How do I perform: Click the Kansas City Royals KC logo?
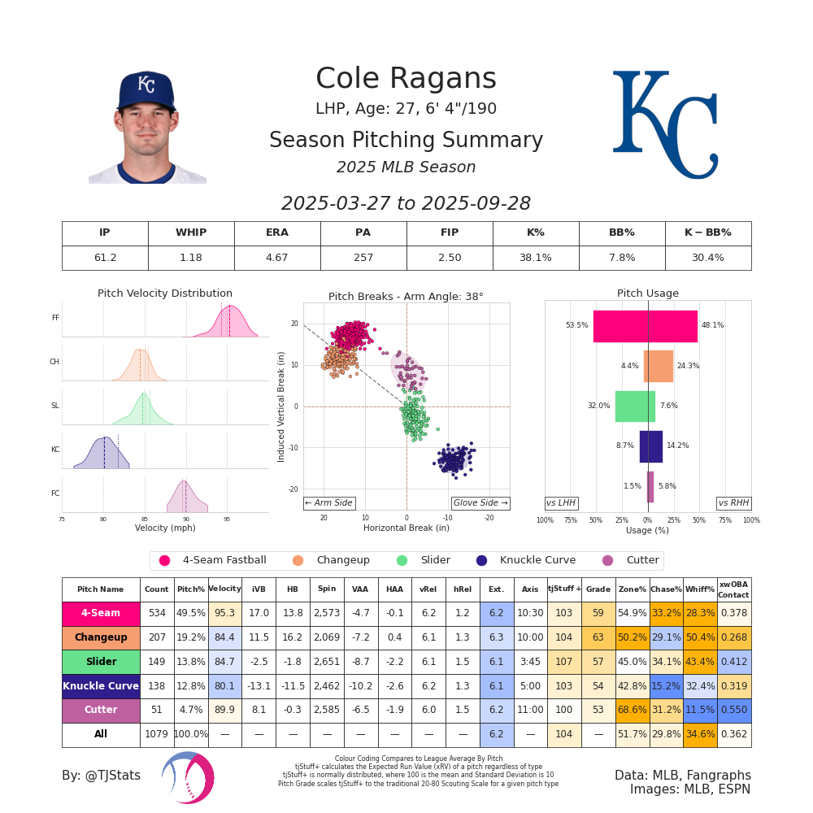pos(664,124)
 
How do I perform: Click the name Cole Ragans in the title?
pos(406,79)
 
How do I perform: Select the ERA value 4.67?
pos(277,258)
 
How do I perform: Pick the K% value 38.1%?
pos(535,258)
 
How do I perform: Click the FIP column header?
pos(450,233)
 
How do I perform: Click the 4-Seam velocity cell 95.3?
pos(224,614)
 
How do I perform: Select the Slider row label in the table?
pos(101,662)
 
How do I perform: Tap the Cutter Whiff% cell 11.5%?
pos(699,710)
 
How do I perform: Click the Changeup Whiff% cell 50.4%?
pos(699,637)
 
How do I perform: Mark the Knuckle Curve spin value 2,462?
pos(327,686)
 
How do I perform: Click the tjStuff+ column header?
pos(564,589)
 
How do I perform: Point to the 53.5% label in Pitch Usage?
pos(576,325)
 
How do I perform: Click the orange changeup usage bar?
pos(659,366)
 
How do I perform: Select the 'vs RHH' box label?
pos(733,503)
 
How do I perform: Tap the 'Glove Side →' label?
pos(480,503)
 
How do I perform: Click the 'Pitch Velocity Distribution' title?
pos(165,293)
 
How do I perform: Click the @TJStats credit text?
pos(101,776)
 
